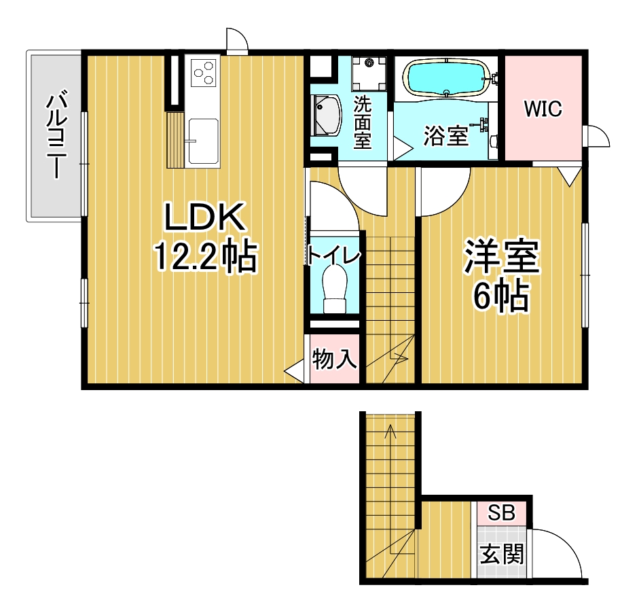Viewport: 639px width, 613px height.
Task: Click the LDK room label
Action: point(204,217)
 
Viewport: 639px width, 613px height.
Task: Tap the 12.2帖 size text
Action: point(205,256)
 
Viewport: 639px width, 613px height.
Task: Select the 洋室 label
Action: point(501,258)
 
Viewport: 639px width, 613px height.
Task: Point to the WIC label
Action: point(543,109)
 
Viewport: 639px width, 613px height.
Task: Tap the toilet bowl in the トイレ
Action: point(335,289)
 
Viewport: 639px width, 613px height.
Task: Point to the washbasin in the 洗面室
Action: point(326,116)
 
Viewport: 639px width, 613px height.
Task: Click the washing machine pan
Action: point(369,73)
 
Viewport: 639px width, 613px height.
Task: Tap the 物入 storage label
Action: point(335,360)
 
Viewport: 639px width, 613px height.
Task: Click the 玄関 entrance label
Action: point(502,554)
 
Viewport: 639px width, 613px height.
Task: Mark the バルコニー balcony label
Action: point(56,135)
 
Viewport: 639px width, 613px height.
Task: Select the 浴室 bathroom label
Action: point(446,136)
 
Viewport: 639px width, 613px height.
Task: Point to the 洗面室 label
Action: point(363,122)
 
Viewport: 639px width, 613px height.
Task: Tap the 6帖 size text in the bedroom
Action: point(501,296)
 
